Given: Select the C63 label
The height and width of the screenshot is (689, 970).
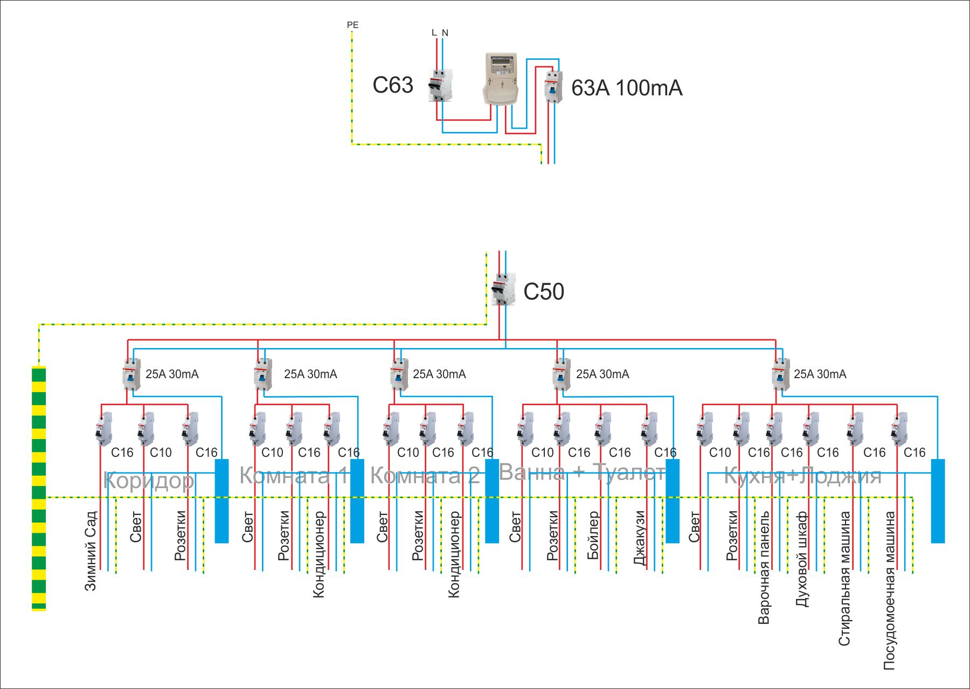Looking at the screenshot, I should point(393,85).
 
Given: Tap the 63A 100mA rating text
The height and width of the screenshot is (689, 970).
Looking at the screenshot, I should point(627,88).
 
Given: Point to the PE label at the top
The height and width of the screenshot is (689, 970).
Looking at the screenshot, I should point(352,25).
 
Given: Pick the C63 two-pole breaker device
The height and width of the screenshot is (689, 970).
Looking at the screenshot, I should point(440,85).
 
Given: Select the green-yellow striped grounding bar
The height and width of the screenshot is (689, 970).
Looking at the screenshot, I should point(39,488).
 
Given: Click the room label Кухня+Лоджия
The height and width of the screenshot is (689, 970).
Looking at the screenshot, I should point(802,476).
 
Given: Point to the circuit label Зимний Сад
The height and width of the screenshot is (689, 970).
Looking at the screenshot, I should point(91,551).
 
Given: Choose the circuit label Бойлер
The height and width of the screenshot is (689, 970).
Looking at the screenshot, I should point(593,535).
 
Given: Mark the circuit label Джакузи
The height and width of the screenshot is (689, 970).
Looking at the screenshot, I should point(640,538).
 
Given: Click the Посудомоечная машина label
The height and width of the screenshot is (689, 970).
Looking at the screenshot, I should point(889,590).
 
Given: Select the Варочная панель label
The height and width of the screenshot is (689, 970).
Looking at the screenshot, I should point(764,567).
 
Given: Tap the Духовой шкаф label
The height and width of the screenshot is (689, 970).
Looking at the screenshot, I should point(802,559).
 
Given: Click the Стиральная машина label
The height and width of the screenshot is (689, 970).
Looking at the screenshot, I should point(844,579).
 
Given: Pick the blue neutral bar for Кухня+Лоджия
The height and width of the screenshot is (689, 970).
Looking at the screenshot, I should point(938,500).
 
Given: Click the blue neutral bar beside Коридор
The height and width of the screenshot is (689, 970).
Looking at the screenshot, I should point(221,500).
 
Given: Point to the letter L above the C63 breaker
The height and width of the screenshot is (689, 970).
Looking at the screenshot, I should point(434,33).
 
